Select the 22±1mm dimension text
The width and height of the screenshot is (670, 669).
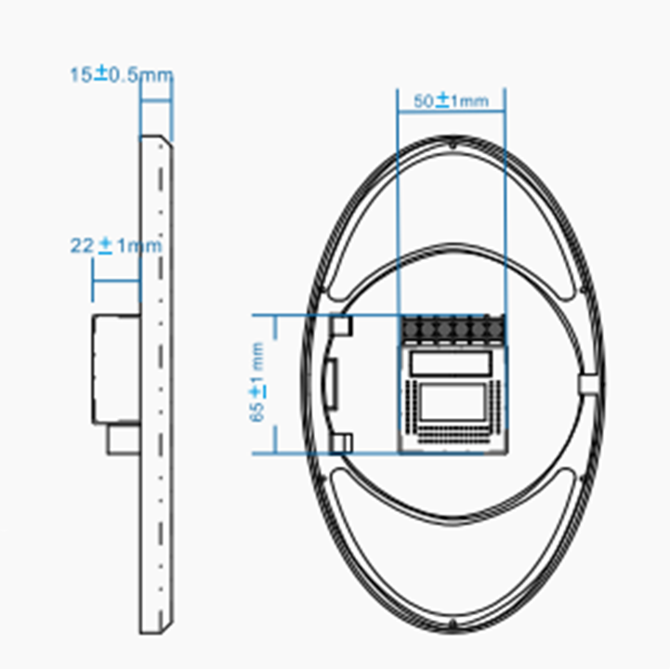115,246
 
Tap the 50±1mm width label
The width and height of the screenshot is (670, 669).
450,102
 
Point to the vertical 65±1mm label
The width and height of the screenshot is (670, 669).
257,382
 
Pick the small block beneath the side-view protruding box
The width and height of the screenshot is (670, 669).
122,439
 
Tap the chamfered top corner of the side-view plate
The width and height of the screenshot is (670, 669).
166,139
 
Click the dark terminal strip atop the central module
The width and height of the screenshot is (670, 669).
453,328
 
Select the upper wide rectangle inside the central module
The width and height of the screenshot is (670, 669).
452,363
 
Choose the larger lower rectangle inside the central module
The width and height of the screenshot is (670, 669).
452,403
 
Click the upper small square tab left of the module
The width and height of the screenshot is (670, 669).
342,325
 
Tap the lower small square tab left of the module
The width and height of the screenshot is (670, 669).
342,441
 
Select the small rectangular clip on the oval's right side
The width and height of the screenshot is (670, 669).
588,383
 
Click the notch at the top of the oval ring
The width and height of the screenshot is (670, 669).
451,145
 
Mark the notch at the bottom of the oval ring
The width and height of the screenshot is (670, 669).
451,623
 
